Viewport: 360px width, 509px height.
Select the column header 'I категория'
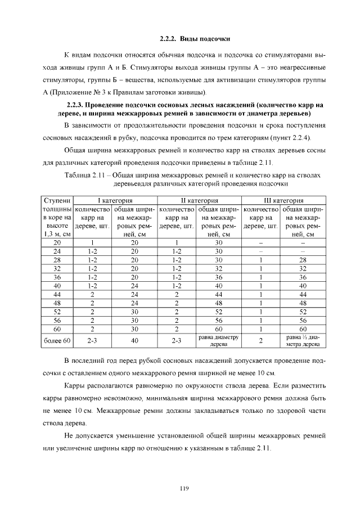tap(115, 200)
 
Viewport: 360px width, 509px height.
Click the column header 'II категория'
tap(199, 200)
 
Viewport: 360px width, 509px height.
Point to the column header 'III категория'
tap(283, 200)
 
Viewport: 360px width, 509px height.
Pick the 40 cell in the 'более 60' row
tap(134, 340)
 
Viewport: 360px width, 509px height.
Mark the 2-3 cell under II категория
tap(177, 340)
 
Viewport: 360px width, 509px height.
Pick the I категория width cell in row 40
tap(134, 286)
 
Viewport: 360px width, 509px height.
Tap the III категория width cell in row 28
tap(303, 260)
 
